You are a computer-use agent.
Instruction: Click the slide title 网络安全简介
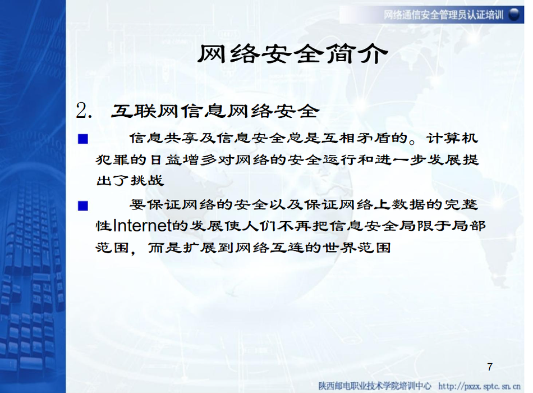[x=293, y=54]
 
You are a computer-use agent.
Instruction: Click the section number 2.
[x=84, y=111]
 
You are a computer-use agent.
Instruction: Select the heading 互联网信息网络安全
[x=215, y=111]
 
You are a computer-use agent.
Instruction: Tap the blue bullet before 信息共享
[x=83, y=139]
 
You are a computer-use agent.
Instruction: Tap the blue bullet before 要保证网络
[x=83, y=206]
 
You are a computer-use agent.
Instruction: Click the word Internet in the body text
[x=141, y=225]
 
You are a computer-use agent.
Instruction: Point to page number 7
[x=489, y=367]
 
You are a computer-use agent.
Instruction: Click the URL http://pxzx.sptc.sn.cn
[x=479, y=386]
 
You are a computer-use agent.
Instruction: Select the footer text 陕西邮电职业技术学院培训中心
[x=375, y=386]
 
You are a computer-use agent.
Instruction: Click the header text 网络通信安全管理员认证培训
[x=444, y=15]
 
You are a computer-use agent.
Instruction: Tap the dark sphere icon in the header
[x=514, y=15]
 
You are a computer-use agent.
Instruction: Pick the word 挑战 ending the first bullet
[x=148, y=180]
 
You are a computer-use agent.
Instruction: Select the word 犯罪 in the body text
[x=113, y=159]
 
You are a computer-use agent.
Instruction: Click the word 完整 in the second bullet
[x=461, y=204]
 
